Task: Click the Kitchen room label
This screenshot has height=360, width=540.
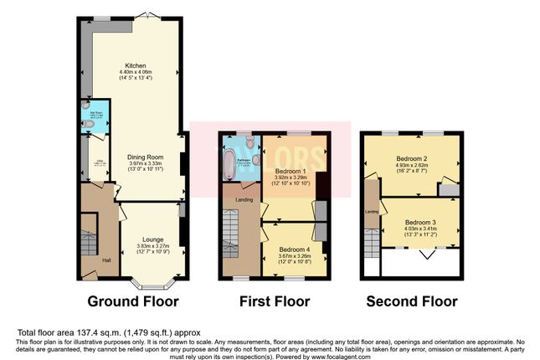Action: pyautogui.click(x=136, y=65)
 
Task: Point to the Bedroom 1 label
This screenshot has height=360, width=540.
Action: pyautogui.click(x=291, y=171)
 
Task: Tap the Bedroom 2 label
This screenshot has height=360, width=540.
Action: pyautogui.click(x=414, y=158)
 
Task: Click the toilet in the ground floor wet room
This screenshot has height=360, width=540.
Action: pyautogui.click(x=90, y=124)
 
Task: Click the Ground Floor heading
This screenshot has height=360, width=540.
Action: pyautogui.click(x=130, y=301)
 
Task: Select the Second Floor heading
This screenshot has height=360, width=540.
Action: pyautogui.click(x=410, y=301)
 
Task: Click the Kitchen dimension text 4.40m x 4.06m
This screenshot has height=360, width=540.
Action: pyautogui.click(x=136, y=73)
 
